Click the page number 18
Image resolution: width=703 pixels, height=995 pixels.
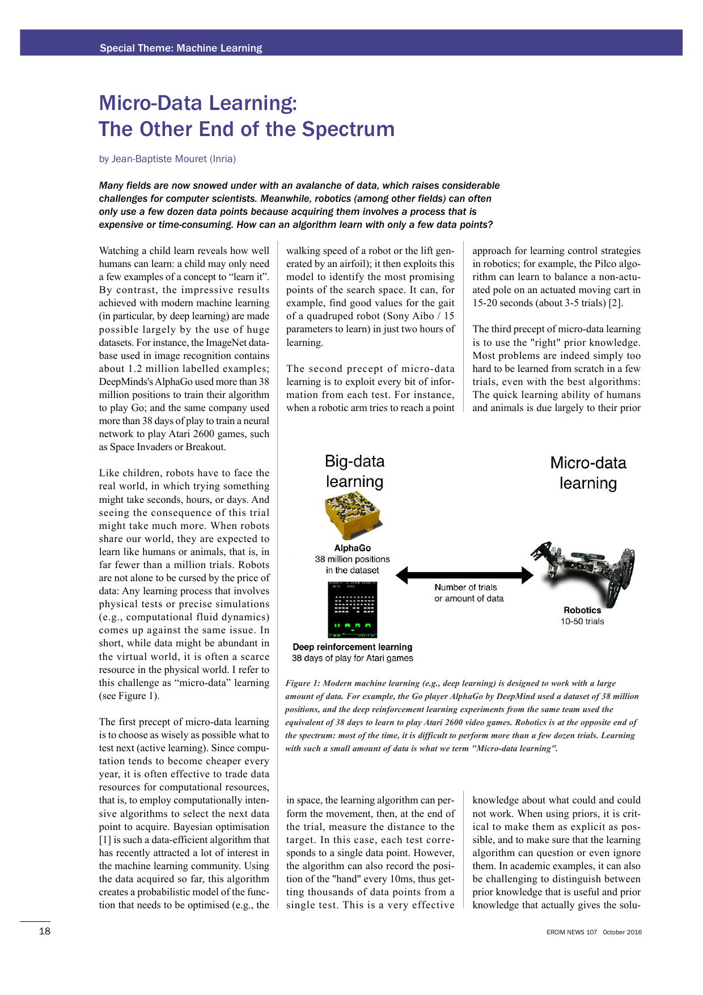pyautogui.click(x=44, y=931)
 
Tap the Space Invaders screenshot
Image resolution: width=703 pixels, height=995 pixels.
pyautogui.click(x=353, y=610)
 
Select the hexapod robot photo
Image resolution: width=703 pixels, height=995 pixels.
pyautogui.click(x=584, y=573)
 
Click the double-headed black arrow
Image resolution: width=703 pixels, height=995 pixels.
pyautogui.click(x=464, y=575)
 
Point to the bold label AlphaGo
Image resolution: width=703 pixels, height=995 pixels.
pyautogui.click(x=352, y=548)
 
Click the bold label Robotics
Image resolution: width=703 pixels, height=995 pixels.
pyautogui.click(x=582, y=610)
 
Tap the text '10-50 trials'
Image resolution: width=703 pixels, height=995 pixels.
pyautogui.click(x=582, y=621)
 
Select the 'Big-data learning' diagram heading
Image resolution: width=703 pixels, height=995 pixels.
pyautogui.click(x=354, y=471)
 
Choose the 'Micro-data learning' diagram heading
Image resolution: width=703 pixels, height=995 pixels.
pyautogui.click(x=588, y=473)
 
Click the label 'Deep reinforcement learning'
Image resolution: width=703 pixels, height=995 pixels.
pyautogui.click(x=352, y=647)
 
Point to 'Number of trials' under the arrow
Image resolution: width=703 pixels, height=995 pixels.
pyautogui.click(x=465, y=587)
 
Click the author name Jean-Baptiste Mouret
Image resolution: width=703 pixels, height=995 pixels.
pyautogui.click(x=159, y=159)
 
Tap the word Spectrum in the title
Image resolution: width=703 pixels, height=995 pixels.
pyautogui.click(x=348, y=129)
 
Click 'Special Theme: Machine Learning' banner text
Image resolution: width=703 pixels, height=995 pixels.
pyautogui.click(x=181, y=48)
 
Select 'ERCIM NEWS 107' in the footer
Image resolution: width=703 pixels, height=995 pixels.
pyautogui.click(x=571, y=932)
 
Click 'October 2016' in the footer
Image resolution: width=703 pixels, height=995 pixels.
pyautogui.click(x=622, y=932)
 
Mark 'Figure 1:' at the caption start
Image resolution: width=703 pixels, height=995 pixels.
pyautogui.click(x=302, y=683)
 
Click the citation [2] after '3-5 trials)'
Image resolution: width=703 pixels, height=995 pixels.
pyautogui.click(x=616, y=303)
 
